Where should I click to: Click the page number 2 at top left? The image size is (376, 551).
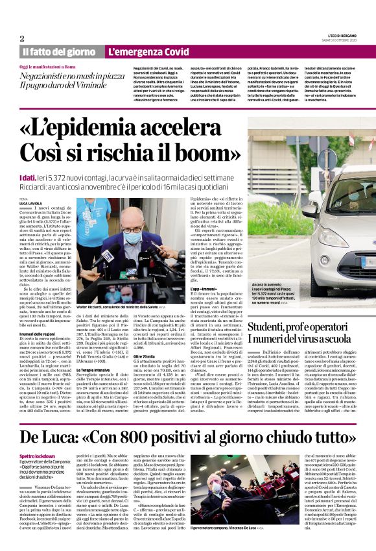21,38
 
